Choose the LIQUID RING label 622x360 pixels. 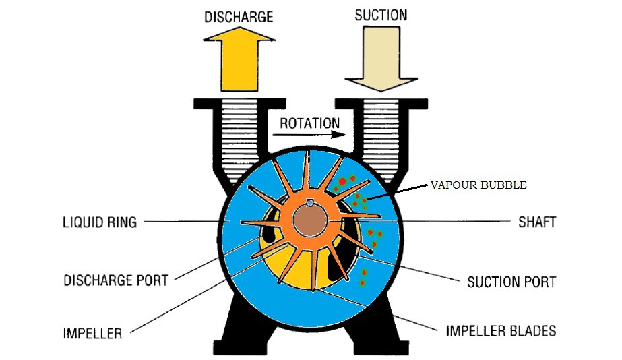point(100,221)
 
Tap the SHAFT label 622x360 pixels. point(536,221)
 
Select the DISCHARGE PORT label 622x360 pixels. point(115,279)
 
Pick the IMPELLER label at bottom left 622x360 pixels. point(92,333)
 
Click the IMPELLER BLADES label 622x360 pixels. point(501,330)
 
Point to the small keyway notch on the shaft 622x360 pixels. point(309,204)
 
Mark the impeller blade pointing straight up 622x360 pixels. point(307,175)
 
